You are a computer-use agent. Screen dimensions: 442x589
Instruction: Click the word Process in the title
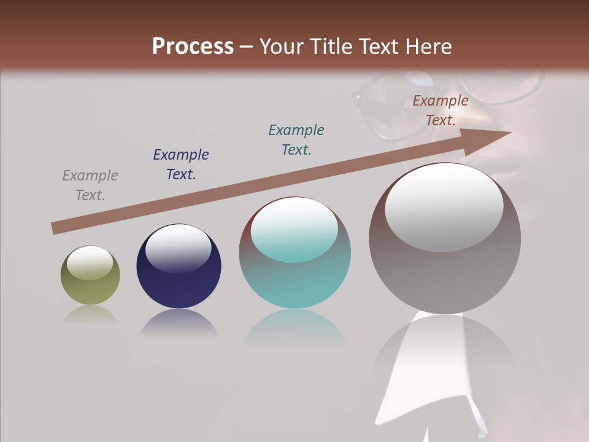[193, 47]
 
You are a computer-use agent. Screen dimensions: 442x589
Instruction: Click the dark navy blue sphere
[179, 270]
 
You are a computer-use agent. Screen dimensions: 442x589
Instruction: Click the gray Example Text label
[90, 185]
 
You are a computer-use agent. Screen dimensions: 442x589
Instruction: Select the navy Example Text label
[181, 165]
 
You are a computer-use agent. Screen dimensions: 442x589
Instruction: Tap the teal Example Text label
[296, 140]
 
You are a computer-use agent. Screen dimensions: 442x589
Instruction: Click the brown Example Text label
[441, 110]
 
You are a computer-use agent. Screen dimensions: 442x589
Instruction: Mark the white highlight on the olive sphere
[90, 263]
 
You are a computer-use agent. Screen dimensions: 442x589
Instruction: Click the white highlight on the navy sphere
[178, 248]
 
